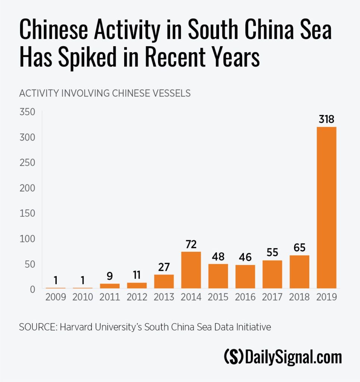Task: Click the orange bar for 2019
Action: (x=326, y=207)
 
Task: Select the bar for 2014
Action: (x=191, y=270)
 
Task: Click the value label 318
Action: (x=326, y=119)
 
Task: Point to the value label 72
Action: (x=191, y=244)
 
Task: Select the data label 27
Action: (x=164, y=267)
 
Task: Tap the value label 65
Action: (x=299, y=248)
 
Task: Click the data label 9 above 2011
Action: (x=110, y=276)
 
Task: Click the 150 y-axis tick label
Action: (x=28, y=213)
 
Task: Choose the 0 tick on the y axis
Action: (x=32, y=289)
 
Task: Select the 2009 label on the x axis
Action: (x=55, y=297)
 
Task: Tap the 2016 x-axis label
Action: (x=245, y=297)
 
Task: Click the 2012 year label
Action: (x=137, y=297)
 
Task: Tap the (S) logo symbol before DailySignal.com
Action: (x=234, y=357)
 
